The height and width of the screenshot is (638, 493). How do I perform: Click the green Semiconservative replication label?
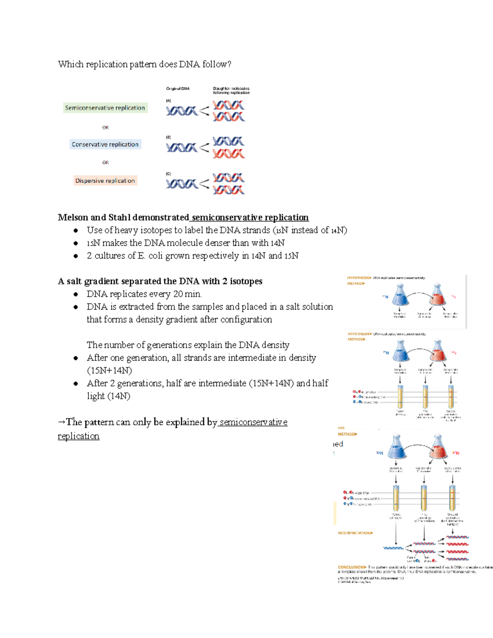(x=105, y=108)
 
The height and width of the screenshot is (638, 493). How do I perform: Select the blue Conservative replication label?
(x=105, y=144)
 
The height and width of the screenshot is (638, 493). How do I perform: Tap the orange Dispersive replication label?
(x=105, y=181)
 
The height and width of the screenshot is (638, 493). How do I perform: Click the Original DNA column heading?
(x=178, y=89)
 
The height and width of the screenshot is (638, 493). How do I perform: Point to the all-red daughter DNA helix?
(x=229, y=154)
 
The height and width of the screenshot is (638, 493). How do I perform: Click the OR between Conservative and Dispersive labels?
(x=106, y=163)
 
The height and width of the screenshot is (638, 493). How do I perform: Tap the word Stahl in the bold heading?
(x=119, y=217)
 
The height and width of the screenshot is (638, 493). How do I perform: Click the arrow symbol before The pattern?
(x=61, y=422)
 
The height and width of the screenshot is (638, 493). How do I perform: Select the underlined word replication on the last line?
(x=78, y=436)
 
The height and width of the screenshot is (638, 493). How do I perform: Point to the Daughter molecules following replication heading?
(x=231, y=90)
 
